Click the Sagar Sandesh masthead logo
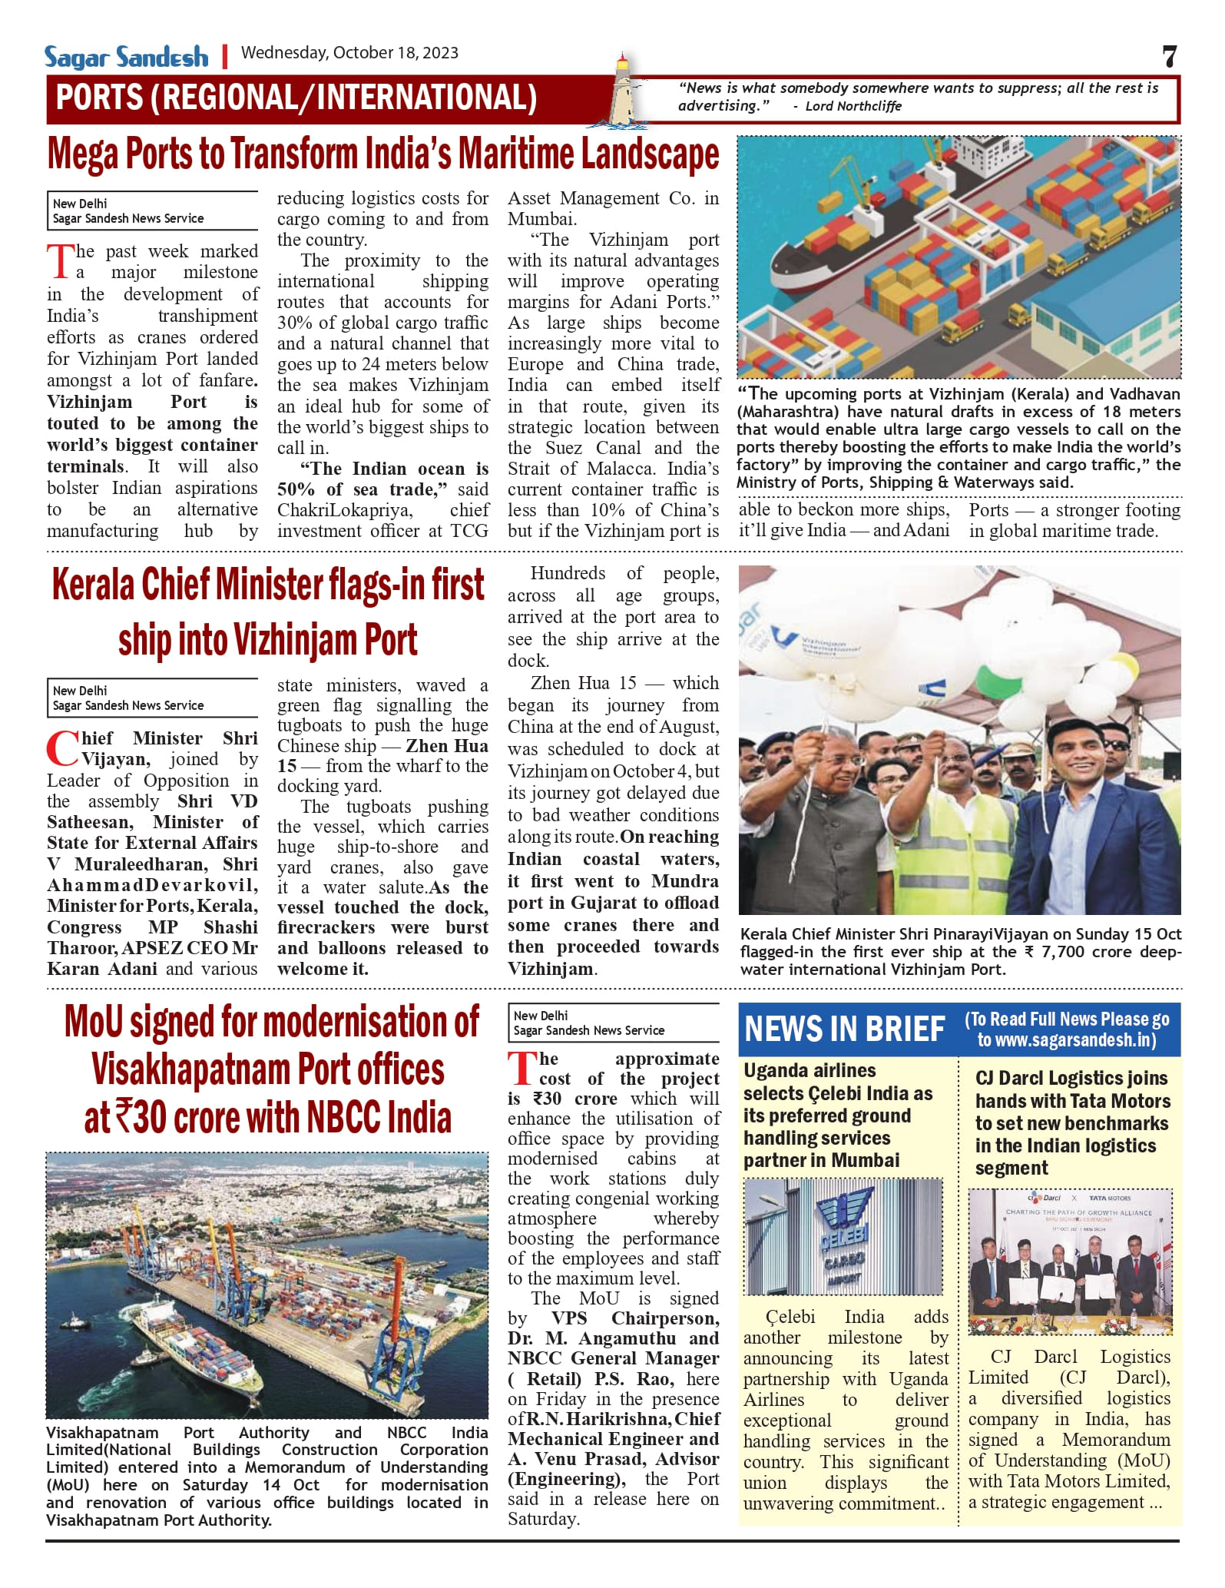pyautogui.click(x=126, y=57)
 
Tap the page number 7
pyautogui.click(x=1169, y=57)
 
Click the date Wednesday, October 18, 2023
pyautogui.click(x=349, y=53)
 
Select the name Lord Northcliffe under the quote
pyautogui.click(x=853, y=106)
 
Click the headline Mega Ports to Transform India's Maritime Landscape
pyautogui.click(x=383, y=154)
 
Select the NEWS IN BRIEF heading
pyautogui.click(x=844, y=1029)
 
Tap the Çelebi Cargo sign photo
pyautogui.click(x=843, y=1236)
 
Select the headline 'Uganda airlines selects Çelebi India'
pyautogui.click(x=838, y=1115)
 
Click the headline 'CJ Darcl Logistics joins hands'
pyautogui.click(x=1072, y=1122)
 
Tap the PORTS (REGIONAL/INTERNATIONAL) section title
pyautogui.click(x=296, y=98)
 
